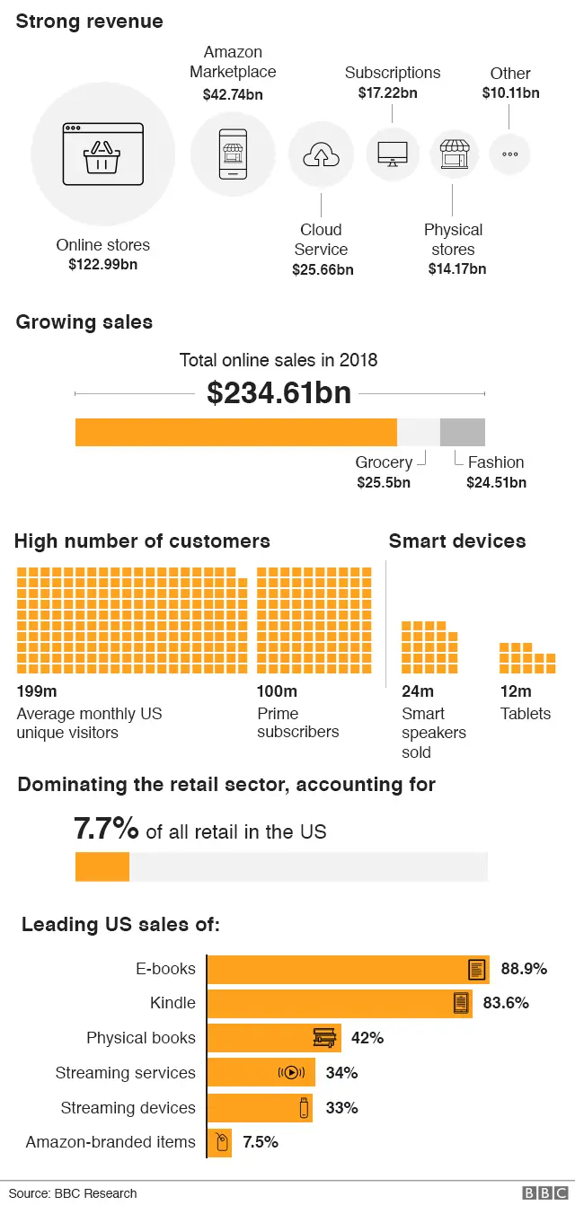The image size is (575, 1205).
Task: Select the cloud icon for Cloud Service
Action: [x=321, y=155]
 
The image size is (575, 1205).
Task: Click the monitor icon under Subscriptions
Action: [x=392, y=154]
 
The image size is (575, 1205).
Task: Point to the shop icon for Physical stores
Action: [x=453, y=154]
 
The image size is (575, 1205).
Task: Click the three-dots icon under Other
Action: [x=509, y=154]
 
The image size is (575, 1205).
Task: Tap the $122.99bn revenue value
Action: [x=102, y=265]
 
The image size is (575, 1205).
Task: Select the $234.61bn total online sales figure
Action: [x=279, y=393]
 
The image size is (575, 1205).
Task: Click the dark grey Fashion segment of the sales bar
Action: [x=462, y=432]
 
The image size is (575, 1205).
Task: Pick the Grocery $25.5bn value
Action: [x=384, y=482]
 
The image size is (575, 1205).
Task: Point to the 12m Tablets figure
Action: [x=515, y=691]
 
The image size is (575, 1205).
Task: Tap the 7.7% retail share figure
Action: [x=106, y=829]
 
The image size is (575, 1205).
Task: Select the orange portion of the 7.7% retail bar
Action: [x=102, y=867]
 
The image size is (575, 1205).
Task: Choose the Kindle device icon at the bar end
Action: [x=461, y=1004]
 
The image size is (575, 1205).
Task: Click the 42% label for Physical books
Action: [x=367, y=1038]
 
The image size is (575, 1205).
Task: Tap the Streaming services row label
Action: [x=125, y=1073]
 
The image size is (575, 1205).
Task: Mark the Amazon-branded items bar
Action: [x=219, y=1142]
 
